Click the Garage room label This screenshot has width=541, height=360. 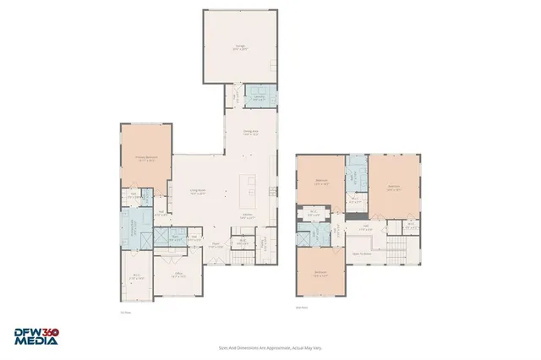(x=240, y=48)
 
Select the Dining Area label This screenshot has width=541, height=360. (x=251, y=132)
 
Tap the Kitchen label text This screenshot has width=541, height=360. (x=249, y=217)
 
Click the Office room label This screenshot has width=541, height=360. (x=179, y=274)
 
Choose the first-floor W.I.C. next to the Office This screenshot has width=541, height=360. (x=137, y=275)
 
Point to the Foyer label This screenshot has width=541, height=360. (x=216, y=247)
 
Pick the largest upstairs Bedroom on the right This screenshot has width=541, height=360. (x=393, y=188)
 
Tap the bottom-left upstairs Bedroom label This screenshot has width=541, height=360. (x=320, y=272)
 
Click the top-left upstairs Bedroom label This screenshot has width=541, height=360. (x=321, y=181)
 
